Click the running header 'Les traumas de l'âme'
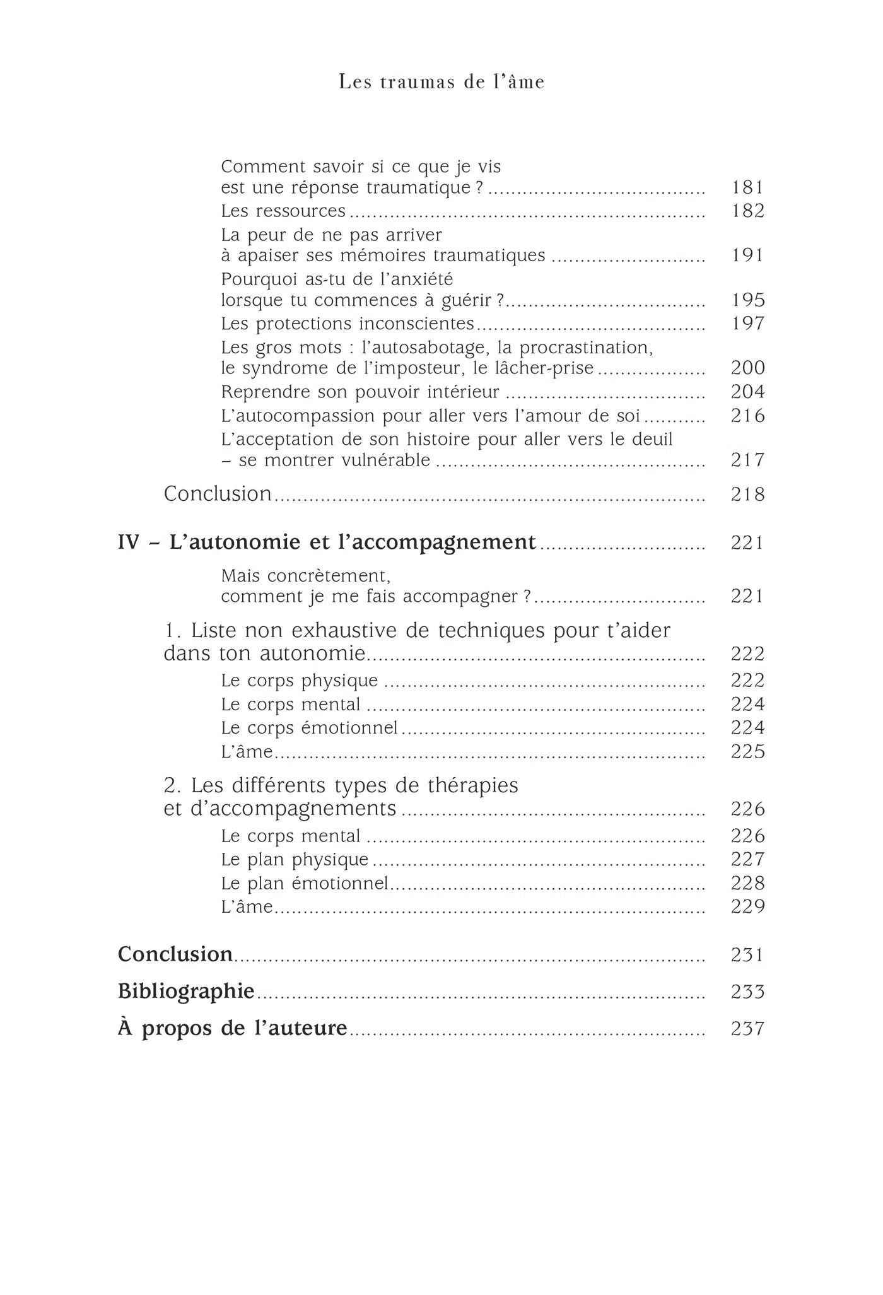441,82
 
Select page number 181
747,187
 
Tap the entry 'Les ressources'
283,211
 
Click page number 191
747,255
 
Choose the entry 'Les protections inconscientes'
348,324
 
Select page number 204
747,392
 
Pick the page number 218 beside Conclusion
747,494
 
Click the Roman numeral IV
128,542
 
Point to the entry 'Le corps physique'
300,681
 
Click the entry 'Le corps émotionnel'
310,728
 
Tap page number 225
747,751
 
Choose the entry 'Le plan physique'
295,860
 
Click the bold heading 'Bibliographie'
186,992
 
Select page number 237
747,1029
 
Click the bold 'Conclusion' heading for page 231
175,954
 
